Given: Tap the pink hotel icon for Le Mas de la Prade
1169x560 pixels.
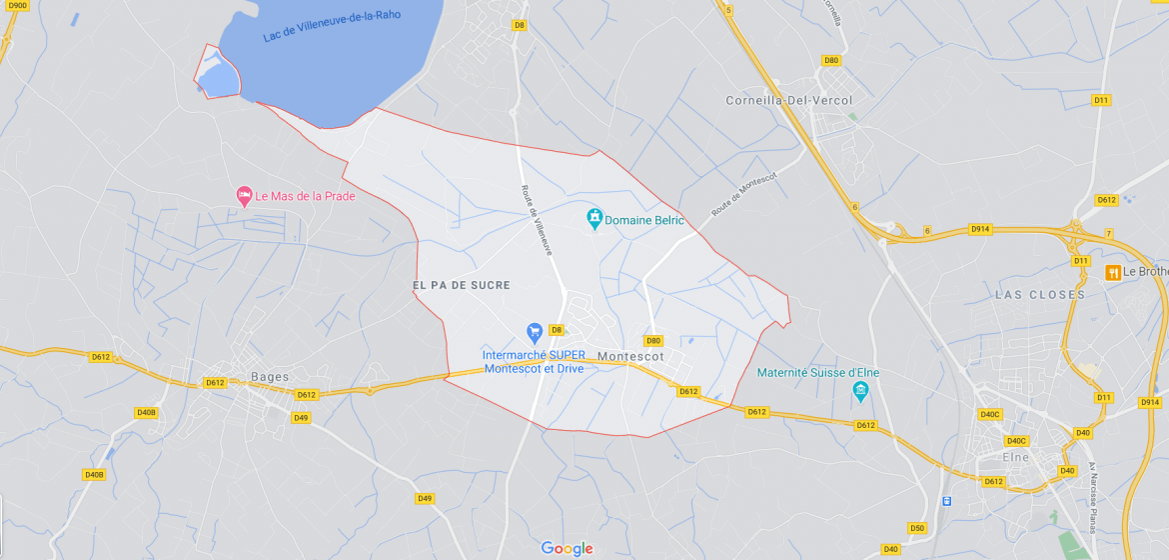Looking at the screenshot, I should coord(244,195).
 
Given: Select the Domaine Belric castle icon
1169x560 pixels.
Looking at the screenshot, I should coord(594,218).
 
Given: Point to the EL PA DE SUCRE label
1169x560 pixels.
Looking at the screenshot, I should coord(462,285).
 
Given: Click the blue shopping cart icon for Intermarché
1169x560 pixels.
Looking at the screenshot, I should coord(535,331).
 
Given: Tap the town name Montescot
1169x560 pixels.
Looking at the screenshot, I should coord(630,356).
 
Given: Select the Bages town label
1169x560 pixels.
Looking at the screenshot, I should coord(270,377).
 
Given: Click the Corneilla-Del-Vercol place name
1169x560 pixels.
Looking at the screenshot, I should coord(789,101).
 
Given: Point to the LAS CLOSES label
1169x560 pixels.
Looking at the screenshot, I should coord(1040,295).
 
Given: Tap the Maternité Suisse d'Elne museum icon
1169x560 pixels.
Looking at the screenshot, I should coord(861,391).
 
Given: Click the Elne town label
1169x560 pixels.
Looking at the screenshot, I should coord(1015,457).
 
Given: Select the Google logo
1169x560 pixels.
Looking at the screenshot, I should coord(567,548).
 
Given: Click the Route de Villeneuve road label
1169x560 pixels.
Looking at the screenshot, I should coord(536,219).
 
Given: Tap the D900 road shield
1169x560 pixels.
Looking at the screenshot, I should coord(17,5).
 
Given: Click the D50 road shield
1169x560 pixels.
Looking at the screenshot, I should coord(917,528).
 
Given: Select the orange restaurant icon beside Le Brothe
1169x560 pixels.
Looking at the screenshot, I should coord(1111,272).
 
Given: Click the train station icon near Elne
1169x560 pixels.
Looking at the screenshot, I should coord(946,500).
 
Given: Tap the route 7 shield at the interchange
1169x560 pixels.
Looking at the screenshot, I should coord(1108,233).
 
